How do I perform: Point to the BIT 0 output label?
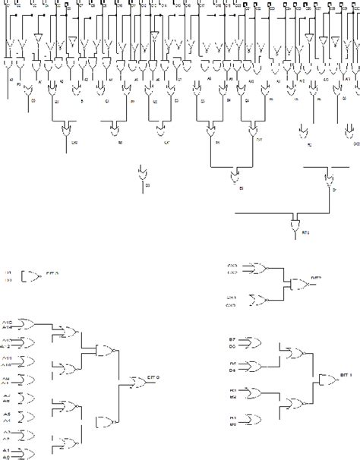click(x=153, y=377)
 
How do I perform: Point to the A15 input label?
click(x=8, y=320)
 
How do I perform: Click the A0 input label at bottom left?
click(x=8, y=458)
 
